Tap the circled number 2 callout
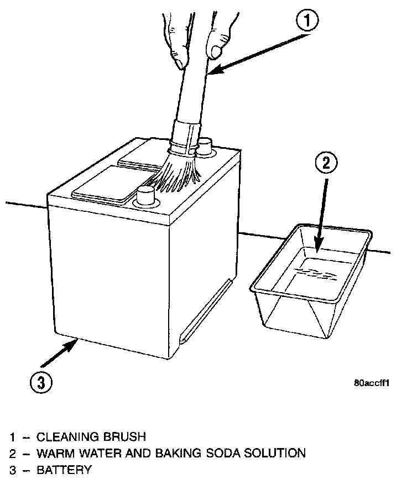point(326,163)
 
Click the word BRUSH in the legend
point(126,438)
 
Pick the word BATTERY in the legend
point(64,470)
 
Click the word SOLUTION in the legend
point(276,454)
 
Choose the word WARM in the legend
point(53,454)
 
